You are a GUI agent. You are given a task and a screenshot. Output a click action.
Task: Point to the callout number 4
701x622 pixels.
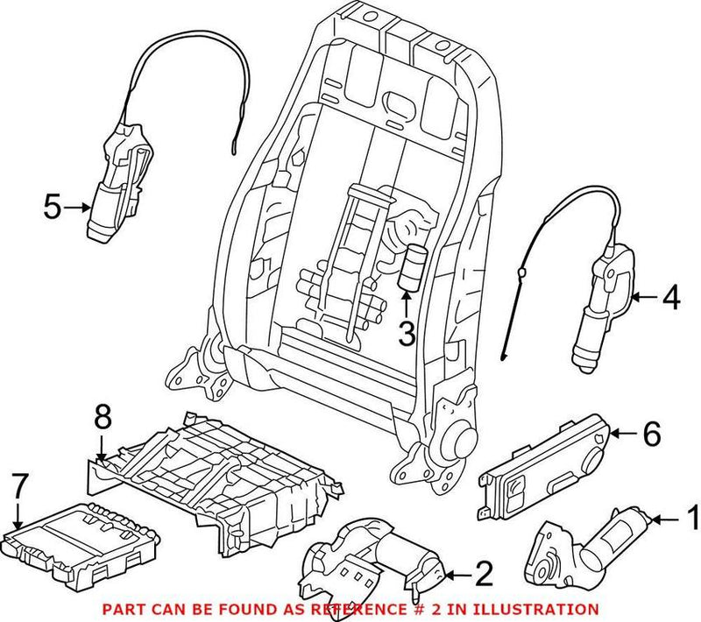[x=669, y=298]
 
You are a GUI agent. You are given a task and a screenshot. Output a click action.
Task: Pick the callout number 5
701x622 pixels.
[x=53, y=208]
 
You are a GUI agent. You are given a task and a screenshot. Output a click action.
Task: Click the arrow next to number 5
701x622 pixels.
[x=79, y=208]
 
